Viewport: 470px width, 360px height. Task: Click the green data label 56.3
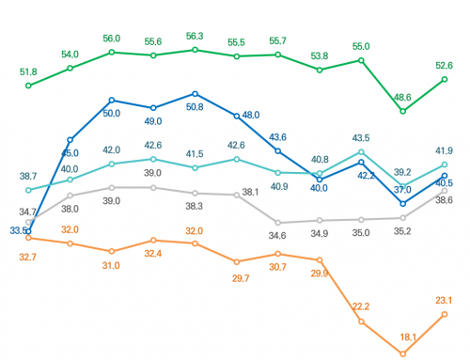coord(195,37)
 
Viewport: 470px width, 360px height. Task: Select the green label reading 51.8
coord(28,71)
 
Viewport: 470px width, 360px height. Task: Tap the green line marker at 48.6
coord(402,111)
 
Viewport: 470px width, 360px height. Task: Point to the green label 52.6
coord(445,65)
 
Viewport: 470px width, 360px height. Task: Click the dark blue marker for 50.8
coord(195,94)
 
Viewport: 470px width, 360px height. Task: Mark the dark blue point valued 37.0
coord(402,203)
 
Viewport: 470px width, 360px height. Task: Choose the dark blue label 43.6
coord(277,137)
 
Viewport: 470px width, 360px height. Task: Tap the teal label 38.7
coord(28,176)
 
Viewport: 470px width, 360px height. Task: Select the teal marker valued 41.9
coord(444,165)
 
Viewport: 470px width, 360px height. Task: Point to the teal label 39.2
coord(402,172)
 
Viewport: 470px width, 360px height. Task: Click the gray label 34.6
coord(277,235)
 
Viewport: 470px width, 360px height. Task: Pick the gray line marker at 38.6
coord(444,191)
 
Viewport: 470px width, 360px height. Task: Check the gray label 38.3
coord(195,206)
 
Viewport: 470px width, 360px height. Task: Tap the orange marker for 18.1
coord(402,353)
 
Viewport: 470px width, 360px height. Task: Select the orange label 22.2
coord(360,306)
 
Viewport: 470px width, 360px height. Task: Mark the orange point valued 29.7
coord(236,261)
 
